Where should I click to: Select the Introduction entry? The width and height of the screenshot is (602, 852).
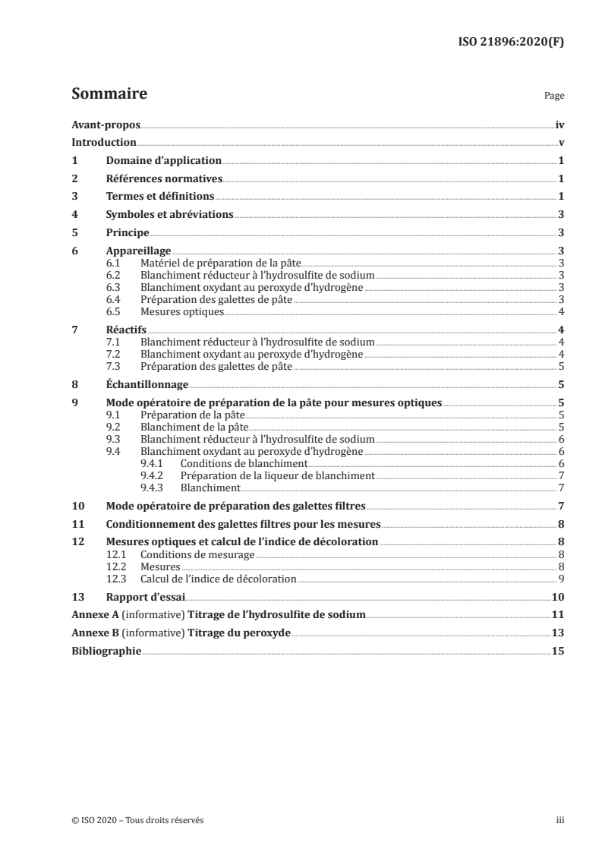[103, 143]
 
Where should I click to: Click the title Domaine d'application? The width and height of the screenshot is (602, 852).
[163, 161]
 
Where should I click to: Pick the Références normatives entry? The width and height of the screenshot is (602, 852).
[163, 179]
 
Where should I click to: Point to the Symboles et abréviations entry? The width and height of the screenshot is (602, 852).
[169, 215]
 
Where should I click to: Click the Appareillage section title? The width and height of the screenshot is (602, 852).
[138, 251]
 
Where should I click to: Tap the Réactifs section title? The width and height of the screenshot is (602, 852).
[125, 330]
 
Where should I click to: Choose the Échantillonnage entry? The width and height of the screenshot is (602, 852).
[147, 385]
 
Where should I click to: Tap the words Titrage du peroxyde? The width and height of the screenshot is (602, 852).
[244, 633]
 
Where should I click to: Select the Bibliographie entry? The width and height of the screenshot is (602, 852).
[106, 651]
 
